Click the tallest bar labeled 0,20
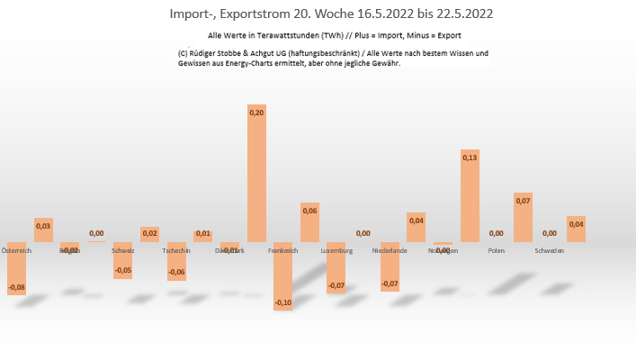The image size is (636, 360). pos(256,174)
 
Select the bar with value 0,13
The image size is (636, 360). pos(470,196)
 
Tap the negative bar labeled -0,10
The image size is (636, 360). pos(283,276)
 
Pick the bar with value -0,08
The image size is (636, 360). pos(16,268)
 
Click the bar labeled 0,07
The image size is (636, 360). pos(523,217)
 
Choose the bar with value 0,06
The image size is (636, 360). pos(309,222)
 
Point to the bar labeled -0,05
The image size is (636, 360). pos(123,260)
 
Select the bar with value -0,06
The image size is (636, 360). pos(176,261)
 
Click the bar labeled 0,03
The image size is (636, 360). pos(43,229)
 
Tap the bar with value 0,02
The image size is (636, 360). pos(149,234)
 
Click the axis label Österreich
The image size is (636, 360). pos(16,250)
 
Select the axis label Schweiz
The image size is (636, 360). pos(123,250)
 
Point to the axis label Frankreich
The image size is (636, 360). pos(283,250)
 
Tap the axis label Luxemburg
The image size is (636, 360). pos(336,250)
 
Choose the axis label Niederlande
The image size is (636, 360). pos(390,250)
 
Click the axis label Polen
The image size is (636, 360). pos(496,250)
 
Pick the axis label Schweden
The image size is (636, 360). pos(549,250)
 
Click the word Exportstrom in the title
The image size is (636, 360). pos(251,14)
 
